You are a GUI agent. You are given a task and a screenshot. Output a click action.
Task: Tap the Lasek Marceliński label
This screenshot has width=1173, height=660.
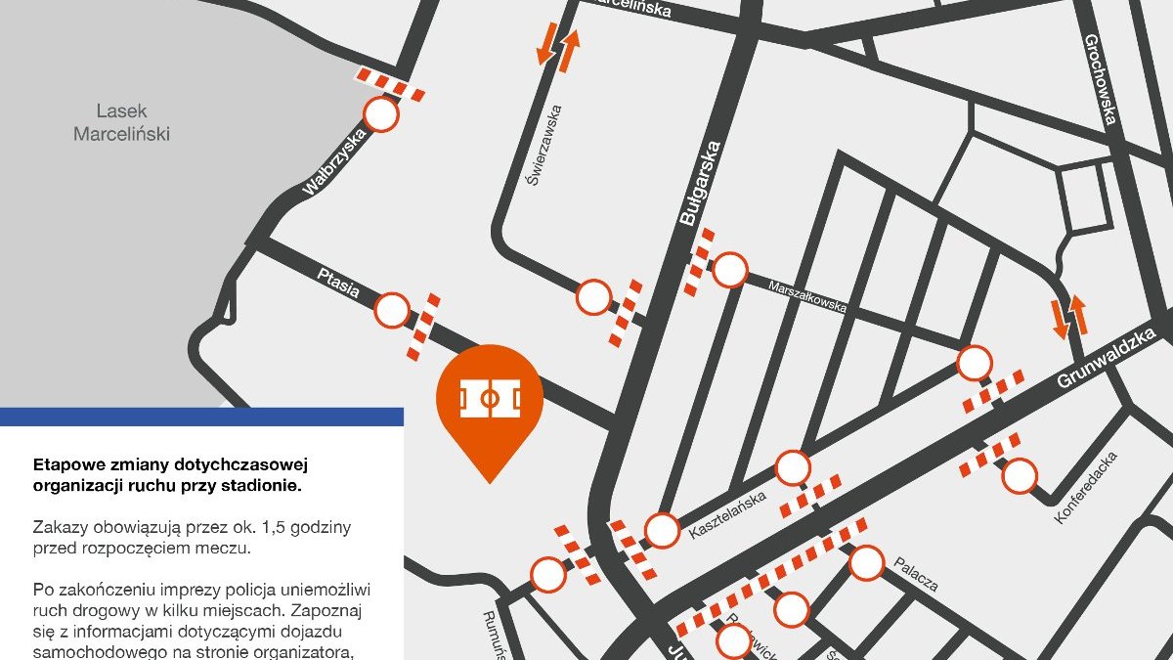pos(121,122)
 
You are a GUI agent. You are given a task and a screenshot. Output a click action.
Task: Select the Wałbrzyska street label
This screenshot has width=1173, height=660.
pos(334,162)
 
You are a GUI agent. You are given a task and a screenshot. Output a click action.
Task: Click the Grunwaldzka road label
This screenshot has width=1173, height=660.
pos(1107,359)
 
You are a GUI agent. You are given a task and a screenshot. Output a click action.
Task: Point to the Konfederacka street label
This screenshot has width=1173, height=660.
pos(1086,487)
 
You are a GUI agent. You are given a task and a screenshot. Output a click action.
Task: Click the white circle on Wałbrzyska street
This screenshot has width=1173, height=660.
pos(381,115)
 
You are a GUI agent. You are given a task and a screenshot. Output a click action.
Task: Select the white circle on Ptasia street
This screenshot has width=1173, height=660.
pos(393,311)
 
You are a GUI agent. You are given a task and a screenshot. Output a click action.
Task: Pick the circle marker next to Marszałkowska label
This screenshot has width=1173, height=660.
pos(729,269)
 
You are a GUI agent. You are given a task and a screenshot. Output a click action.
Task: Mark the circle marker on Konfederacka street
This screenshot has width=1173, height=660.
pos(1020,476)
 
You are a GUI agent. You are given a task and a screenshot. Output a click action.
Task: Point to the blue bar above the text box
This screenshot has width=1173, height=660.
pos(201,417)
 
